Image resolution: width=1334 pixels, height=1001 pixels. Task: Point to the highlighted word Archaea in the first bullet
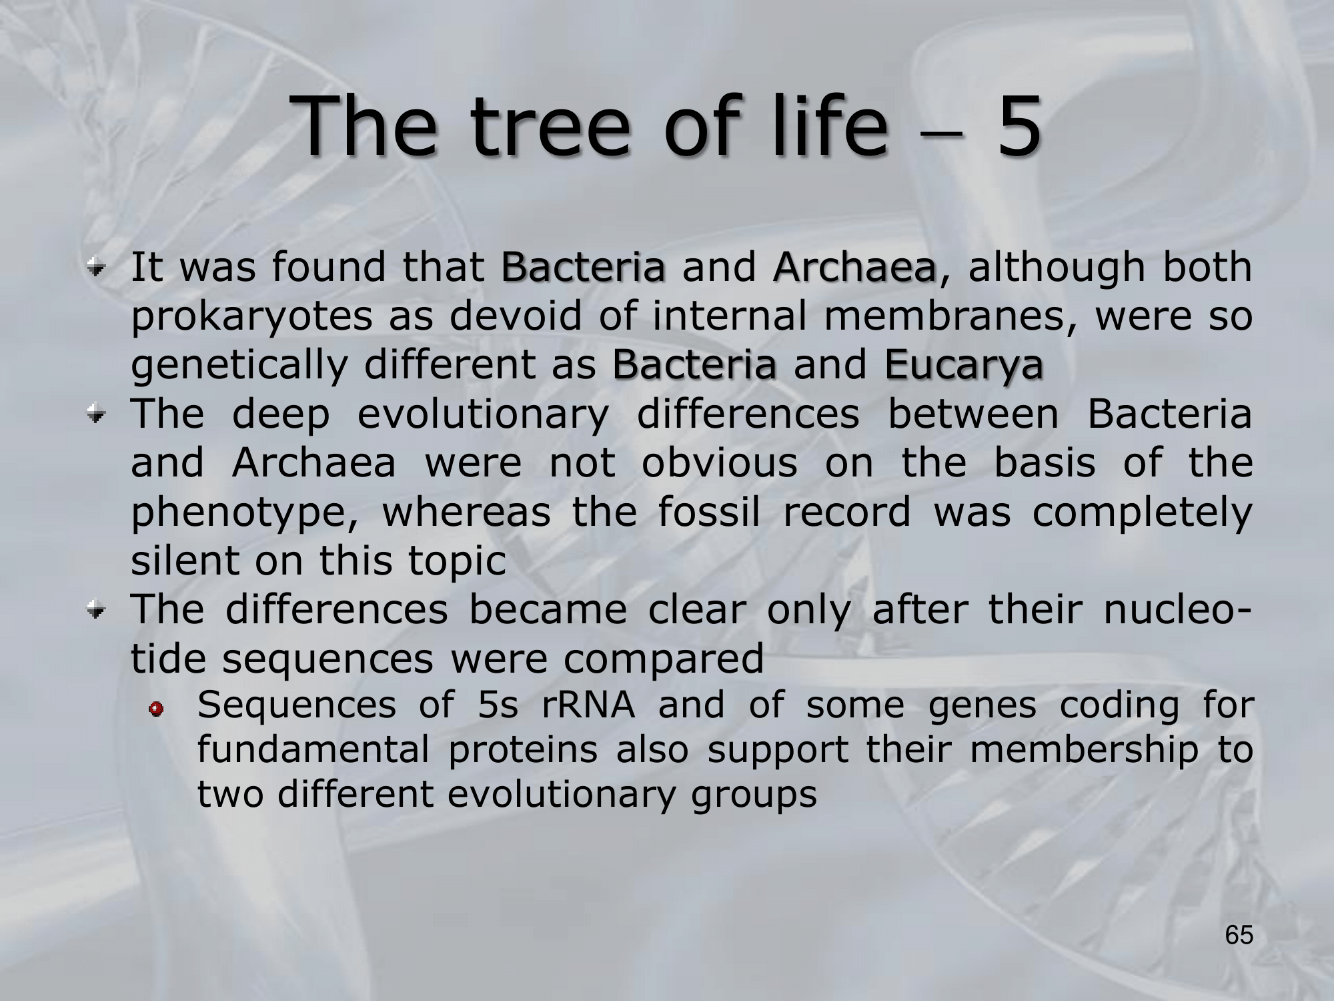pos(854,267)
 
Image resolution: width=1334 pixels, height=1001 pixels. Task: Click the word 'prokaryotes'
pos(251,318)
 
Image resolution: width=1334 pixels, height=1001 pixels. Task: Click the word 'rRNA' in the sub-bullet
pos(588,706)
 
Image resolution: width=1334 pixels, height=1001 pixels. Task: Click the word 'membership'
pos(1084,750)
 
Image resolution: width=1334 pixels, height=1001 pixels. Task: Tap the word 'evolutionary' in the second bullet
pos(483,415)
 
